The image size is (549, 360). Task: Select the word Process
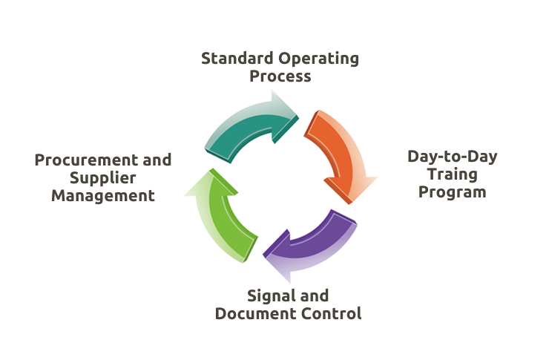280,76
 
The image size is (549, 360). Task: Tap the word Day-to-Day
453,157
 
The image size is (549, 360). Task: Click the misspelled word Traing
453,174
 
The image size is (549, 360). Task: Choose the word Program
453,192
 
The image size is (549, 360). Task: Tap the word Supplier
102,178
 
